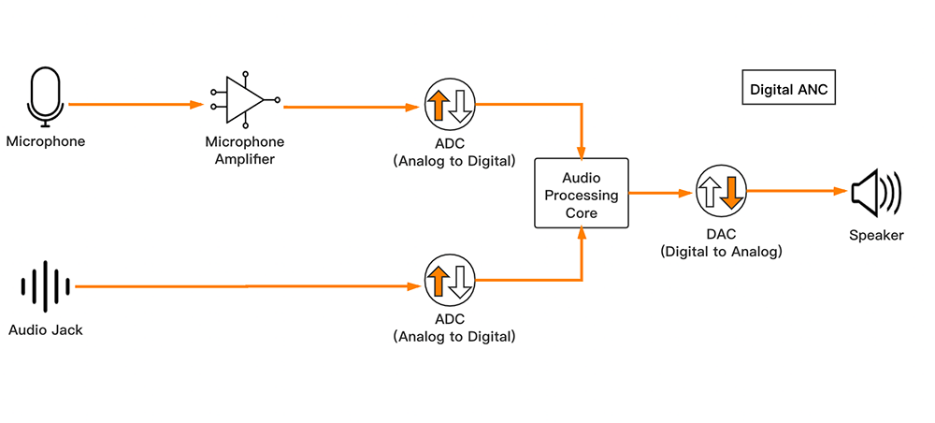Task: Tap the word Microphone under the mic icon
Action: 45,142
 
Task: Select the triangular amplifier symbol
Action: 246,97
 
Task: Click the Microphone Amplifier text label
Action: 245,151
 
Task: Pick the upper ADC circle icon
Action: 451,105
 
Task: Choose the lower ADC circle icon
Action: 451,280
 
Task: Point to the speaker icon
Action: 874,192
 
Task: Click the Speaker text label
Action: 876,236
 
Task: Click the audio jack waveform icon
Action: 46,286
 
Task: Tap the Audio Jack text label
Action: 46,329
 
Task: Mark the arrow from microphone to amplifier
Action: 136,105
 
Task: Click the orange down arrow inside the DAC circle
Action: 731,192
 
